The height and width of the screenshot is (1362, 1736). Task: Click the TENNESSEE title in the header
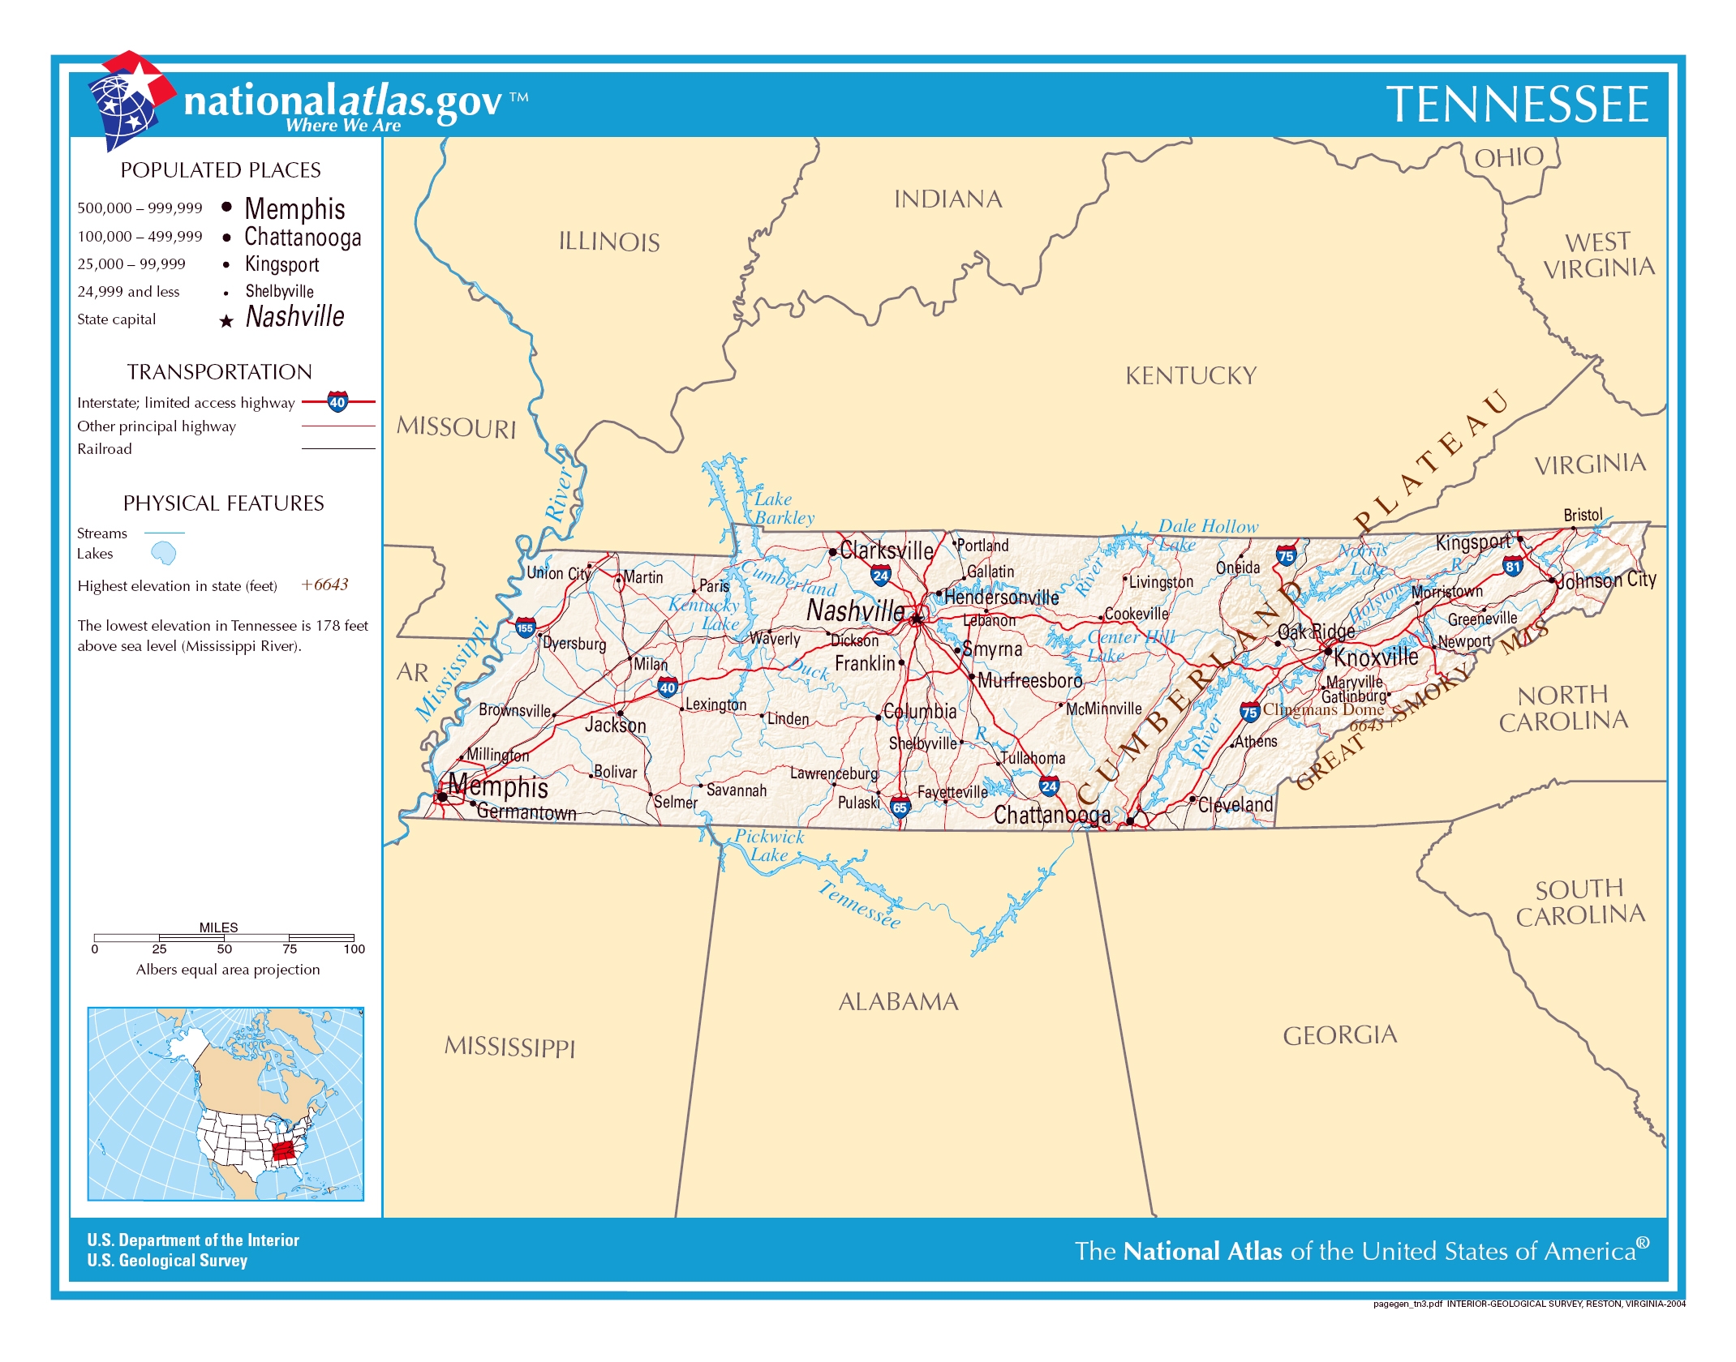1516,105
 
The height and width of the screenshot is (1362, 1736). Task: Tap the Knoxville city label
1376,657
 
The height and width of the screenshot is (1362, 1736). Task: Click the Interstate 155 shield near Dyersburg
525,627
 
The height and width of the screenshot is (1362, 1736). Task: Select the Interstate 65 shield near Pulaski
900,807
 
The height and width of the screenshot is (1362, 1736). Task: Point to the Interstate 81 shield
1512,567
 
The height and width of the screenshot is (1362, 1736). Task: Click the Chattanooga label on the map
1051,815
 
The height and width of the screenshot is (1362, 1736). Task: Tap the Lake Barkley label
783,508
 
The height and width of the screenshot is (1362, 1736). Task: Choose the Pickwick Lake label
768,845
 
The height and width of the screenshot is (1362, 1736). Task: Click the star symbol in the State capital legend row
226,321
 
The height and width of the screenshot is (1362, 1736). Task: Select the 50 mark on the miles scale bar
224,949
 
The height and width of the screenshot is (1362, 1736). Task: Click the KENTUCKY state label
1190,375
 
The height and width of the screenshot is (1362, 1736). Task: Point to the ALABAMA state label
898,1002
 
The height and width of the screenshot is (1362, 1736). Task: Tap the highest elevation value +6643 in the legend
324,585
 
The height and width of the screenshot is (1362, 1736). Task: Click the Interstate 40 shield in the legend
337,401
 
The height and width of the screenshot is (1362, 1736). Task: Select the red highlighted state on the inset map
283,1150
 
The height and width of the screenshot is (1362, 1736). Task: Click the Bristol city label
1582,515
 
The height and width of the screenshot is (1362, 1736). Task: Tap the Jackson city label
615,725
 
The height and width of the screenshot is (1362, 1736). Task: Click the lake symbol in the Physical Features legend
164,553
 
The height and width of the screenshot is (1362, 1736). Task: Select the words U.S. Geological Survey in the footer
167,1261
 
